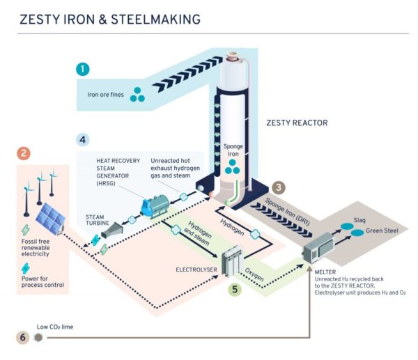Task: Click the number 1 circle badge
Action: click(x=84, y=69)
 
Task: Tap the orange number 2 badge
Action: click(x=24, y=154)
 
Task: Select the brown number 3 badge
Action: click(x=279, y=187)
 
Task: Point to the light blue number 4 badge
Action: click(x=82, y=139)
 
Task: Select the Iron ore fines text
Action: click(x=107, y=94)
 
